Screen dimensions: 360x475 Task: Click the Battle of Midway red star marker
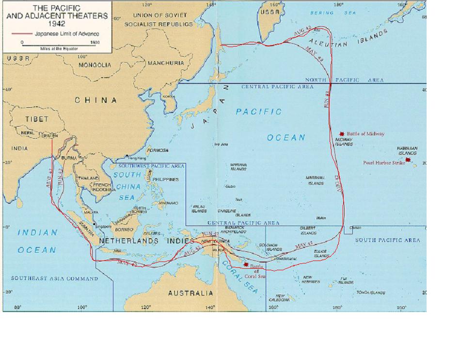[342, 133]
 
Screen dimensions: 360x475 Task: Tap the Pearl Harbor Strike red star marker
[408, 160]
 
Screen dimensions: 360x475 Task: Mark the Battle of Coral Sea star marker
[246, 265]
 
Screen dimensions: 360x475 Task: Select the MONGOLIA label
[95, 65]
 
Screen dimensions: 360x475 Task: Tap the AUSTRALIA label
[190, 293]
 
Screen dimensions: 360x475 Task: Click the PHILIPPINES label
[165, 180]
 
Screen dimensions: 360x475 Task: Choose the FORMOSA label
[158, 150]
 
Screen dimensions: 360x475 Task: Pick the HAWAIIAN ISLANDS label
[408, 150]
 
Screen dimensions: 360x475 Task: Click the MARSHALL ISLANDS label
[315, 180]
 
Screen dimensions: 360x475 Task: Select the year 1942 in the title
[57, 24]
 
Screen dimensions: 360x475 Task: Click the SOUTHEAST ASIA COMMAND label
[54, 278]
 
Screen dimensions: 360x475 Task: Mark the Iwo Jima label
[221, 144]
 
